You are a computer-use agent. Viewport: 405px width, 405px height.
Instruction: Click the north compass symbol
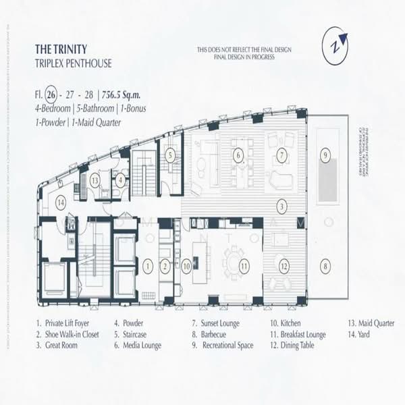(335, 47)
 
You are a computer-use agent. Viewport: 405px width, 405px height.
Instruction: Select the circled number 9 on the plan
(325, 156)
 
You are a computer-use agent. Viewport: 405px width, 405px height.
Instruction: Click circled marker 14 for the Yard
(61, 200)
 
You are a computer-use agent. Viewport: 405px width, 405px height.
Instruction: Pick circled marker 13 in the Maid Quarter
(95, 180)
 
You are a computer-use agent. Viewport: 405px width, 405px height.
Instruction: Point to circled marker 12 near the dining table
(284, 265)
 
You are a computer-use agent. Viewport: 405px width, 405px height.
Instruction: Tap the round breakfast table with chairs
(235, 260)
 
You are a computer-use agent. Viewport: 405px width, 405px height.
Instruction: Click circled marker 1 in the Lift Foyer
(147, 266)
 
